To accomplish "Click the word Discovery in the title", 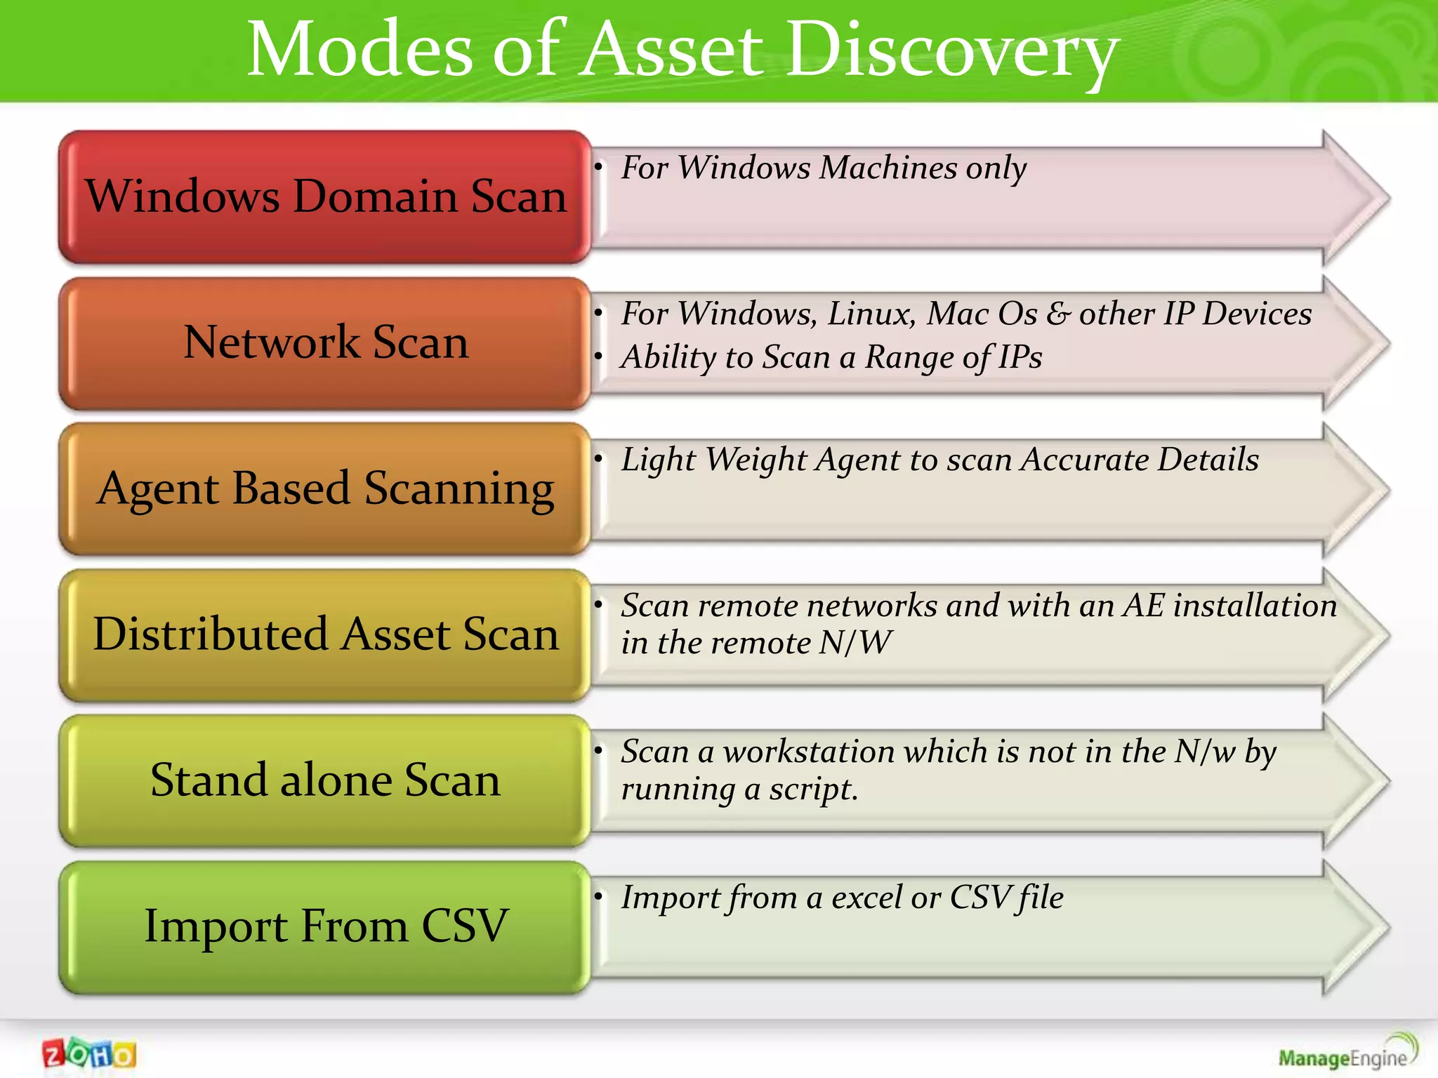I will click(x=951, y=51).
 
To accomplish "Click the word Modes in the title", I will click(x=360, y=51).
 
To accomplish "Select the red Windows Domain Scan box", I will click(x=325, y=197).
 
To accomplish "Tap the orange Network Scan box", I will click(x=325, y=342).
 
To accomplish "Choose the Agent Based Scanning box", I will click(x=325, y=488).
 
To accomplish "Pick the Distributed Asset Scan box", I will click(x=325, y=634).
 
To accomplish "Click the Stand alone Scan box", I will click(x=325, y=780).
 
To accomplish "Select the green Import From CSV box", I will click(x=325, y=926).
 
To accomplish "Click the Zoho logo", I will click(x=89, y=1053).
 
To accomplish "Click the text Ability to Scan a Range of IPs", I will click(x=831, y=357).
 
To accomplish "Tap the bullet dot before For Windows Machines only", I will click(x=598, y=167).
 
